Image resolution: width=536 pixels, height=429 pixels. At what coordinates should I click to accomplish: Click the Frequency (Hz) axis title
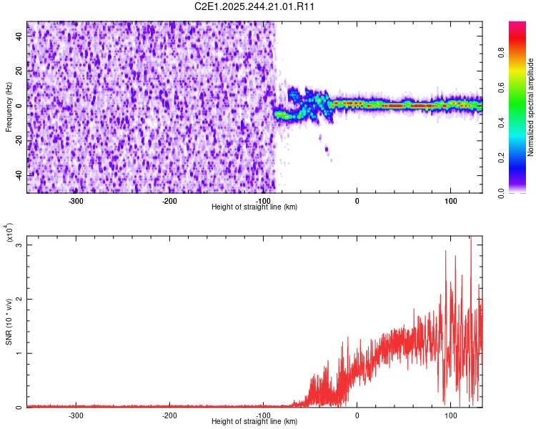(9, 107)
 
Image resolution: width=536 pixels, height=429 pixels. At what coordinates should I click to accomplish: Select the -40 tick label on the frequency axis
(18, 175)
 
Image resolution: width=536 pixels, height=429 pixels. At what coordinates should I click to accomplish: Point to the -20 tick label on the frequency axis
(18, 140)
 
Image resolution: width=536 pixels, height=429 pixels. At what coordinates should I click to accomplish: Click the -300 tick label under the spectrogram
(76, 201)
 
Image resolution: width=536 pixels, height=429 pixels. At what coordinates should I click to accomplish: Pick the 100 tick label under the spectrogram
(450, 201)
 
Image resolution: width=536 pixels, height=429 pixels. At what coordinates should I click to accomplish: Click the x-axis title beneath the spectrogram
(254, 207)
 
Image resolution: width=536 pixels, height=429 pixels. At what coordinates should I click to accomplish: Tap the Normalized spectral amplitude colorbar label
(531, 107)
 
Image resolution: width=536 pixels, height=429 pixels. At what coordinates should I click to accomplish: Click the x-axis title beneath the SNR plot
(254, 422)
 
